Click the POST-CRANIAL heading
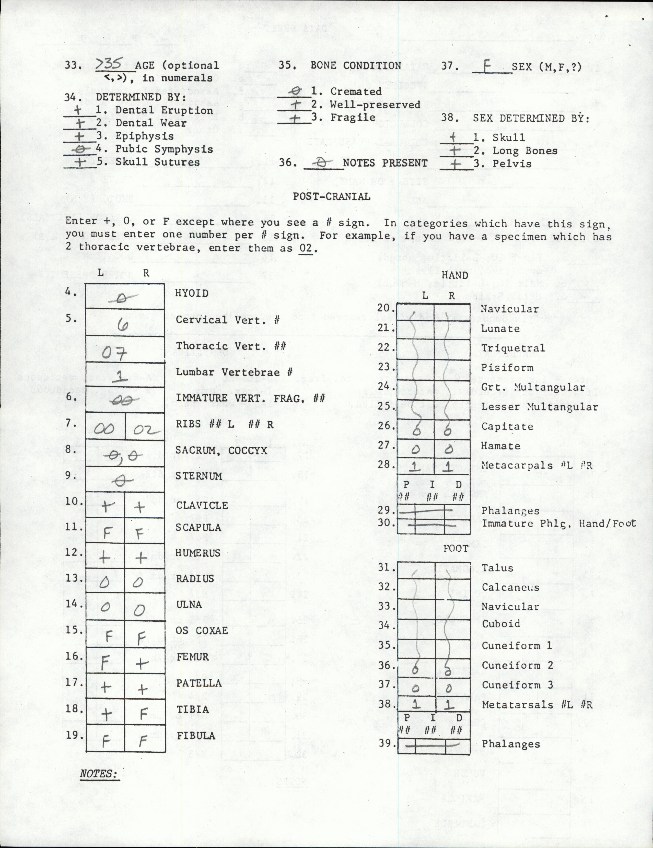tap(331, 196)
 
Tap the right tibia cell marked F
tap(143, 714)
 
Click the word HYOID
tap(192, 294)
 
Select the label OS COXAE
tap(202, 631)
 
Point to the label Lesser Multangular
tap(540, 407)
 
